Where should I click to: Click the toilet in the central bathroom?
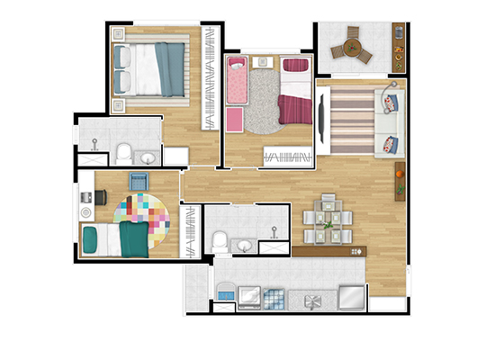tap(220, 240)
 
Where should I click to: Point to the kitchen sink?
tap(312, 299)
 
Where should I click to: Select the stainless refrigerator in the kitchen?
tap(352, 296)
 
